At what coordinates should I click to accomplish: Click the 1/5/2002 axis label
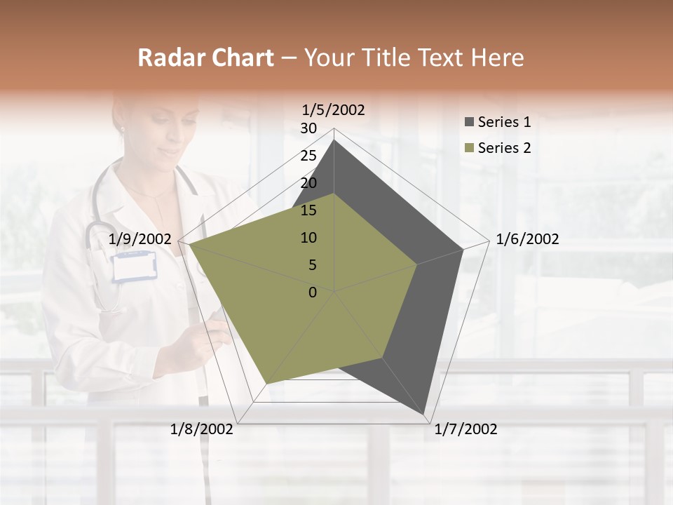tap(333, 109)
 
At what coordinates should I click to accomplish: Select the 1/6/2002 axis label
tap(527, 239)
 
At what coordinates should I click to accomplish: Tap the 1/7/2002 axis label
tap(465, 429)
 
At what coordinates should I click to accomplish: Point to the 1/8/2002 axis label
tap(202, 429)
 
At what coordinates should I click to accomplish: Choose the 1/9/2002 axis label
tap(140, 239)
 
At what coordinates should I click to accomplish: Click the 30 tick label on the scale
tap(308, 128)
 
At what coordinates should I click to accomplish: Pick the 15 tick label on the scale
tap(308, 210)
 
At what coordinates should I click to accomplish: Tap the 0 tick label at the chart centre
tap(313, 292)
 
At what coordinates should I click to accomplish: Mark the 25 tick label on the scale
tap(308, 156)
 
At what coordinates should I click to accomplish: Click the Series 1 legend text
tap(504, 122)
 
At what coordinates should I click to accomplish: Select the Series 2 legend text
tap(504, 148)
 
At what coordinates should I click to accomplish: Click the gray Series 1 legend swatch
tap(469, 123)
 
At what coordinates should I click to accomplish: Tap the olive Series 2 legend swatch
tap(469, 148)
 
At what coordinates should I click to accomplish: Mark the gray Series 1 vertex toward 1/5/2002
tap(334, 140)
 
